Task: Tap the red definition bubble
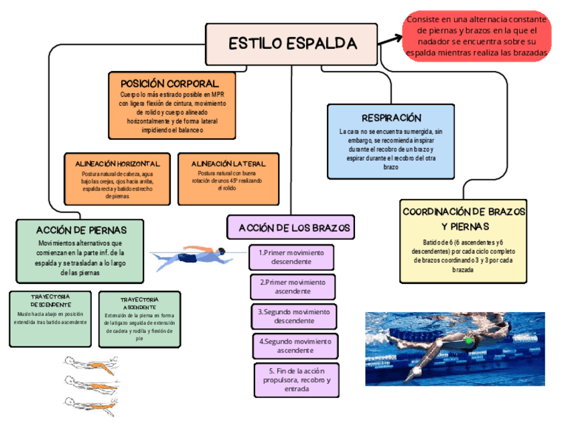pyautogui.click(x=477, y=36)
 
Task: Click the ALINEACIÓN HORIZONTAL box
pyautogui.click(x=117, y=179)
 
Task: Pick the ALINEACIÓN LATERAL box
pyautogui.click(x=228, y=179)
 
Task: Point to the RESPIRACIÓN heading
pyautogui.click(x=391, y=118)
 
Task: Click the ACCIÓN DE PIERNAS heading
pyautogui.click(x=81, y=230)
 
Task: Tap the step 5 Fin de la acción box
pyautogui.click(x=296, y=380)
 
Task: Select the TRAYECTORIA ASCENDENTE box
pyautogui.click(x=139, y=319)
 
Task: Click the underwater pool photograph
pyautogui.click(x=454, y=348)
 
